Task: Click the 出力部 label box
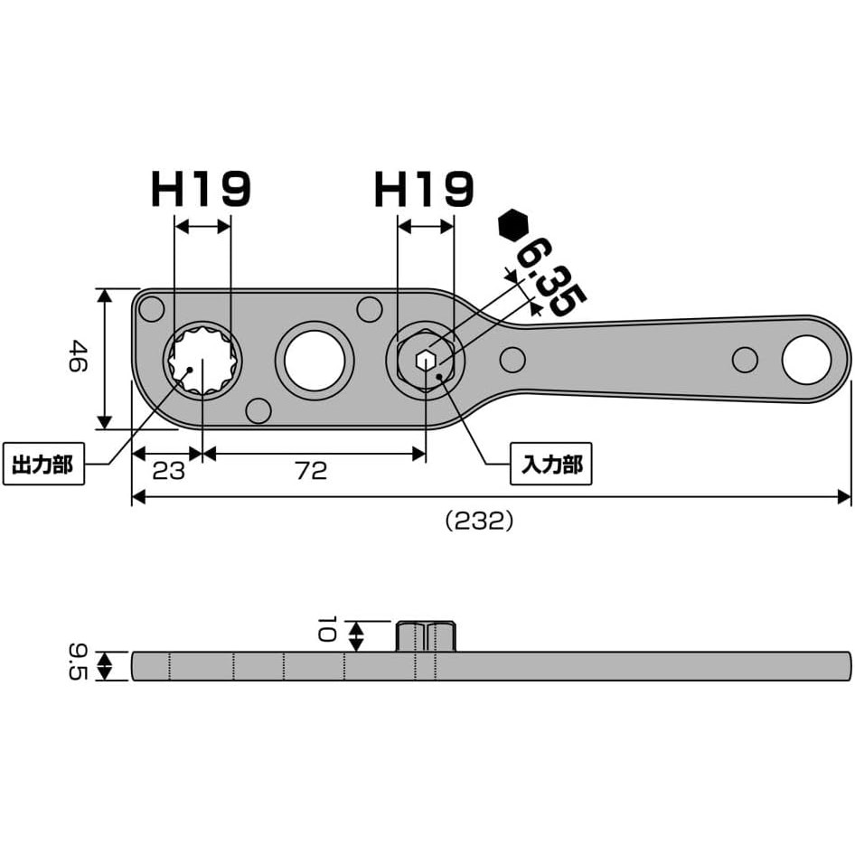click(x=43, y=464)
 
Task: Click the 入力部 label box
click(x=550, y=464)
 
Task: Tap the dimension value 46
click(x=78, y=356)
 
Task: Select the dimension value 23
click(x=168, y=471)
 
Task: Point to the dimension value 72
click(x=311, y=471)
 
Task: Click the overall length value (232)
click(x=479, y=521)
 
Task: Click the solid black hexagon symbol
click(x=513, y=225)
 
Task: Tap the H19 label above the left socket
click(x=202, y=189)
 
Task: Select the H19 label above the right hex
click(x=424, y=189)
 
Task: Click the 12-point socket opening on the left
click(x=202, y=360)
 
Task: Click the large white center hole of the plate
click(x=315, y=361)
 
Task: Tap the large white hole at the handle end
click(x=806, y=360)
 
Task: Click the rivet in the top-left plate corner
click(x=152, y=309)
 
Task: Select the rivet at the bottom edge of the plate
click(x=258, y=410)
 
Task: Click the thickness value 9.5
click(x=78, y=662)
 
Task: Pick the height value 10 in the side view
click(x=325, y=629)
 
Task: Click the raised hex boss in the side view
click(x=426, y=635)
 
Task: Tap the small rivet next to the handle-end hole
click(x=745, y=360)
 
